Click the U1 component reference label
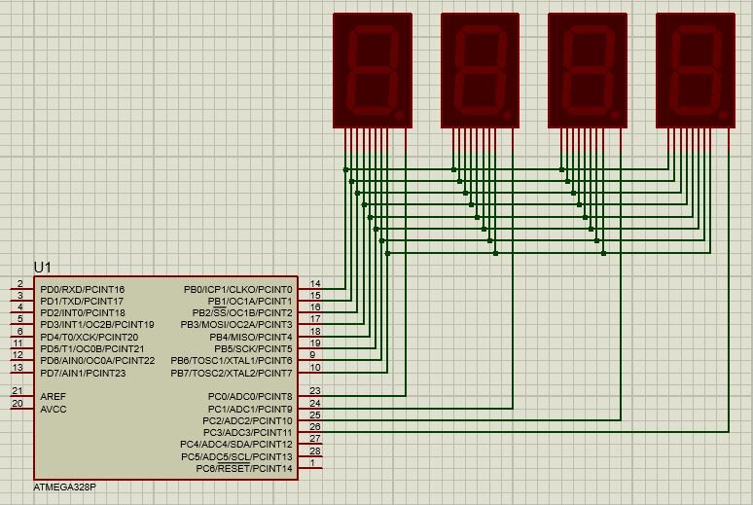click(x=42, y=267)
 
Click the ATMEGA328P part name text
click(x=64, y=486)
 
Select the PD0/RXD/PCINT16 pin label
click(x=83, y=289)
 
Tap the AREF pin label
click(x=54, y=396)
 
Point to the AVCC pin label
click(x=54, y=409)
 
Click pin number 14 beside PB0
click(x=315, y=283)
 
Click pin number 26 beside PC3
click(x=315, y=426)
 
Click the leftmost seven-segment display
click(x=373, y=69)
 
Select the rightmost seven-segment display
click(x=695, y=69)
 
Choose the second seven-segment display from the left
click(x=481, y=69)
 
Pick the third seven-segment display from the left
click(x=588, y=69)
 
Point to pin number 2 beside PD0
click(x=19, y=283)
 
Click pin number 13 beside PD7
click(x=18, y=367)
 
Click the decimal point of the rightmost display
click(x=723, y=115)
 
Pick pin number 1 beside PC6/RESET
click(x=312, y=462)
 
